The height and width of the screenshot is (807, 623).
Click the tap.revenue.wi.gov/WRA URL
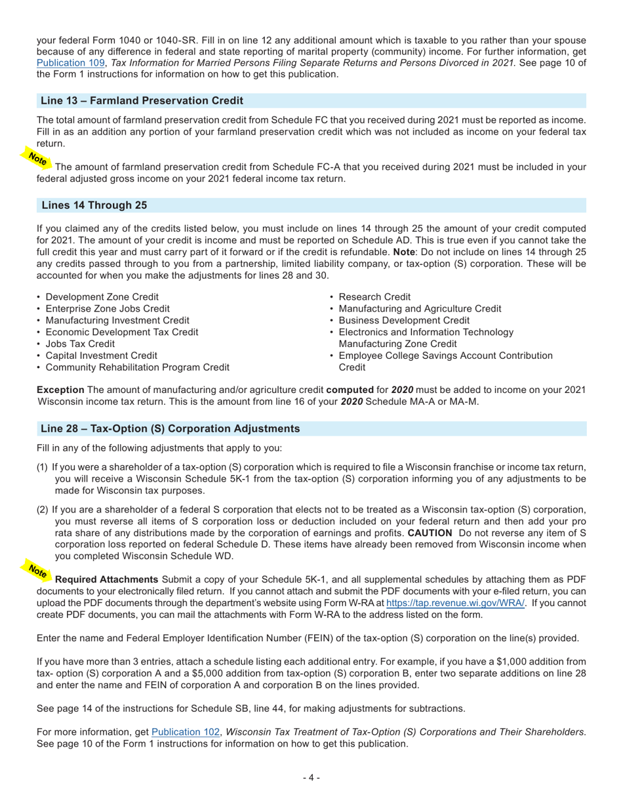click(x=455, y=603)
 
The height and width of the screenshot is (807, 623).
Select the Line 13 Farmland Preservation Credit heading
click(x=142, y=100)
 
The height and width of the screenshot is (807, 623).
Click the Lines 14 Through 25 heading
click(x=94, y=205)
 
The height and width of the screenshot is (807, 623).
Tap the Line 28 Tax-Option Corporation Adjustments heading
click(x=170, y=428)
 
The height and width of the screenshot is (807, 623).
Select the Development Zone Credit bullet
click(x=102, y=297)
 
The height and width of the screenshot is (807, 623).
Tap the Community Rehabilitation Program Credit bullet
click(x=137, y=367)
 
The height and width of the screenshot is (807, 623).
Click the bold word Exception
click(x=60, y=390)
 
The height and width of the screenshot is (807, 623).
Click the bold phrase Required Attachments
click(x=106, y=579)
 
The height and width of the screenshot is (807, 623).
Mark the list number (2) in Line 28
click(x=43, y=510)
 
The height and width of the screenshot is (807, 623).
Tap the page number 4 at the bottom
click(x=311, y=777)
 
